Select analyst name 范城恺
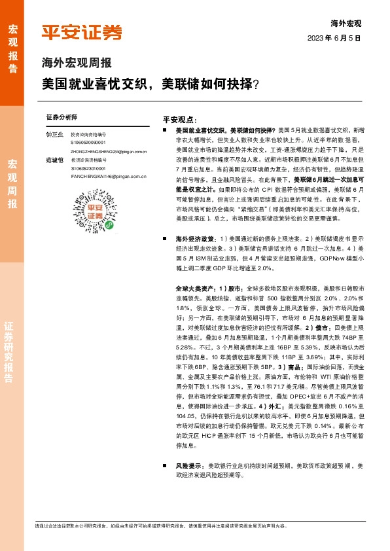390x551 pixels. (x=54, y=160)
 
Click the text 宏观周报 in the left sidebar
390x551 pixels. (x=12, y=175)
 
